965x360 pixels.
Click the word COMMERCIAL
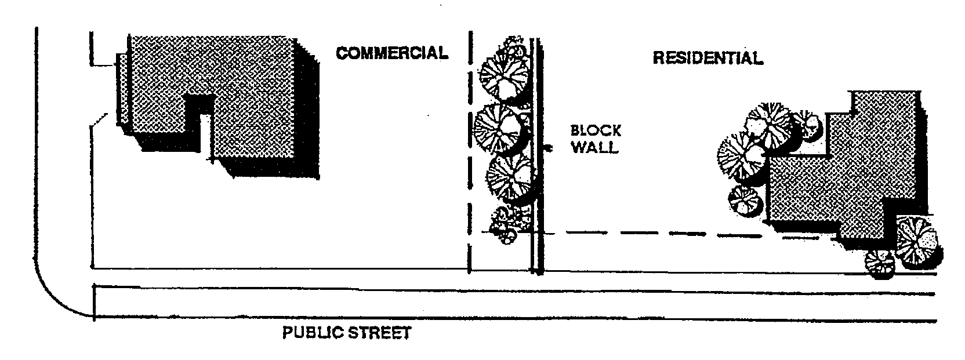(x=392, y=53)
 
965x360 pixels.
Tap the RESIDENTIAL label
(x=708, y=58)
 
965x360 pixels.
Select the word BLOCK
(x=596, y=130)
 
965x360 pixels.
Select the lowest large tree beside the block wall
(x=509, y=177)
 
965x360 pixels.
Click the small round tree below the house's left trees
(x=745, y=201)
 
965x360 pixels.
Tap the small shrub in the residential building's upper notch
(x=807, y=125)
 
